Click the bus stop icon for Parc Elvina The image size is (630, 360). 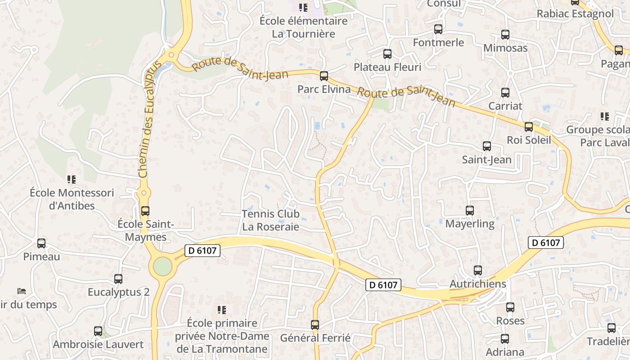tap(324, 76)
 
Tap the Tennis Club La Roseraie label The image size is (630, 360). tap(270, 220)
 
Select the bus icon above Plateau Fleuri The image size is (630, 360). tap(387, 54)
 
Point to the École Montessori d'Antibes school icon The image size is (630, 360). tap(71, 180)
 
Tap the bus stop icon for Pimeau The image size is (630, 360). tap(41, 243)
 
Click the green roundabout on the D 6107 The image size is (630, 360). tap(162, 266)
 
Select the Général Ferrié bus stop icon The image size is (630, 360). tap(315, 324)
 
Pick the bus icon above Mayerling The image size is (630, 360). tap(469, 210)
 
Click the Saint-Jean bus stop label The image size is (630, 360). tap(486, 160)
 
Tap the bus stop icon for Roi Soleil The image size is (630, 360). tap(528, 127)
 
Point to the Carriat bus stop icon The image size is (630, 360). tap(505, 93)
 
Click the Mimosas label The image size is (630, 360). tap(505, 48)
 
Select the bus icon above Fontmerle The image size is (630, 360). tap(438, 29)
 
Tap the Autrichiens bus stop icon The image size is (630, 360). tap(478, 270)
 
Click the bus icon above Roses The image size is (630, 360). tap(510, 307)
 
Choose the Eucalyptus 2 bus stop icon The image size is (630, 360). tap(118, 279)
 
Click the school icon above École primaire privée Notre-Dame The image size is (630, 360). tap(222, 310)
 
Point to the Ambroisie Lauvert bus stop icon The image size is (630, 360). tap(98, 331)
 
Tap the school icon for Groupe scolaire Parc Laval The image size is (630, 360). tap(604, 117)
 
